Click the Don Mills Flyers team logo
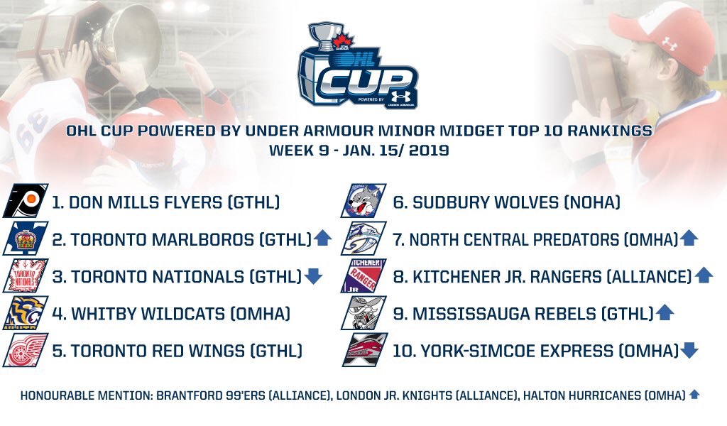[x=26, y=202]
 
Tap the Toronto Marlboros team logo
[x=26, y=239]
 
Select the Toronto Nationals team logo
[x=26, y=275]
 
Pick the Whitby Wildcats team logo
[x=26, y=312]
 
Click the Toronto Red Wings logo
[x=26, y=349]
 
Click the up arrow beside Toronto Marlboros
[x=322, y=239]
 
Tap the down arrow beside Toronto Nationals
[x=313, y=276]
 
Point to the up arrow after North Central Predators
[x=689, y=239]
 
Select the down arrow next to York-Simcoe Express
[x=689, y=350]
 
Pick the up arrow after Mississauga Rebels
[x=665, y=313]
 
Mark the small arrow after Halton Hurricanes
[x=694, y=394]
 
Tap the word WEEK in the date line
[x=290, y=151]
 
